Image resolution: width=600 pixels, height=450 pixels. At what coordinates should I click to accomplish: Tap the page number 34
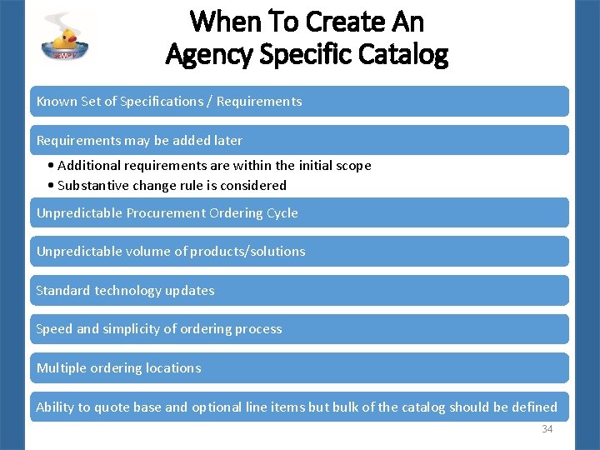tap(547, 429)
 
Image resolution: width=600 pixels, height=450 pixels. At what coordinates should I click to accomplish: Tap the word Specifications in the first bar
tap(162, 102)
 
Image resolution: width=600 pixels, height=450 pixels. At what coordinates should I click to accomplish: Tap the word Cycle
tap(281, 213)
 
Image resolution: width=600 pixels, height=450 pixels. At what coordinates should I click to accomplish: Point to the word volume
tap(142, 252)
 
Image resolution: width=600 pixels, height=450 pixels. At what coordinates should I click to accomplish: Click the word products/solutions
tap(247, 252)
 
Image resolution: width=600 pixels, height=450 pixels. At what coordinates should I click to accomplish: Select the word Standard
tap(63, 291)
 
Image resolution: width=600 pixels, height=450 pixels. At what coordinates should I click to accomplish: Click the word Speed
tap(54, 329)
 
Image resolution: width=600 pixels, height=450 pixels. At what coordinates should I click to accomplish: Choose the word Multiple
tap(61, 368)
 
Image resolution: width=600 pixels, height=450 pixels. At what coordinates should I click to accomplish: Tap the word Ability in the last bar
tap(55, 407)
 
